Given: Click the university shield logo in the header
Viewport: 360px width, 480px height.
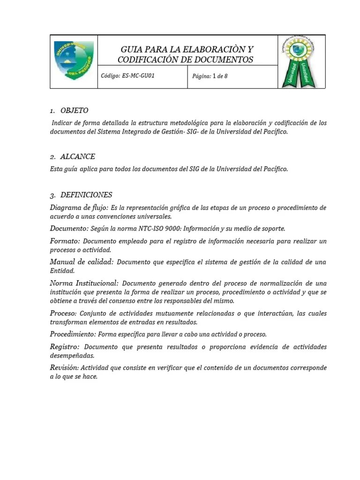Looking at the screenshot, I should [74, 60].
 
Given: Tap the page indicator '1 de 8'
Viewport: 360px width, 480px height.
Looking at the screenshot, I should [220, 76].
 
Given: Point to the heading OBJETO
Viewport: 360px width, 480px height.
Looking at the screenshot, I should [74, 111].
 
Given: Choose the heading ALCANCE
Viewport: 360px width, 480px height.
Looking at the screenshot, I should [77, 157].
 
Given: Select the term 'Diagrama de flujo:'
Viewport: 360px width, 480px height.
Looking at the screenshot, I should [79, 207].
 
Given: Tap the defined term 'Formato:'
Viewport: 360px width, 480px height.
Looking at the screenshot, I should [65, 240].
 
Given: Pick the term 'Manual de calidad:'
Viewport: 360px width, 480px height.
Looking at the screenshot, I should [82, 262].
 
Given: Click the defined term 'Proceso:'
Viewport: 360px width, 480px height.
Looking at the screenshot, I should [63, 313].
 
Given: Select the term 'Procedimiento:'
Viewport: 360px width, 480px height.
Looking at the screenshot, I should [73, 334].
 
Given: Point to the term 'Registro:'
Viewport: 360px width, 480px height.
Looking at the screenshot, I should [65, 346].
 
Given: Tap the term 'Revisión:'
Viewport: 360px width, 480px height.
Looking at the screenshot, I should [65, 367].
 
